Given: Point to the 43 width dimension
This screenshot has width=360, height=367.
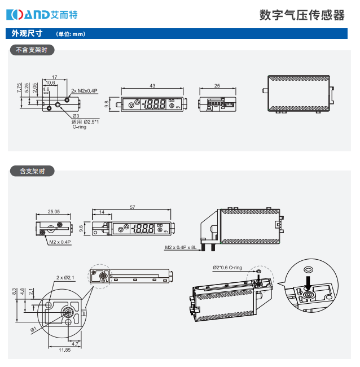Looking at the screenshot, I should [152, 86].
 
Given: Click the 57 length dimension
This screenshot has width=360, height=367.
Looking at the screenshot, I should [133, 208].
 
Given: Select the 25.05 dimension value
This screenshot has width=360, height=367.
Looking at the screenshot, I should [54, 212].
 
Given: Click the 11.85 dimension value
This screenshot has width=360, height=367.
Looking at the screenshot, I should [64, 351].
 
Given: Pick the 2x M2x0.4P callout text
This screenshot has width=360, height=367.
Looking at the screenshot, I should [85, 91].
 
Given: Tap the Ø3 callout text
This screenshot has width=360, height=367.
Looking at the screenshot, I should [75, 116].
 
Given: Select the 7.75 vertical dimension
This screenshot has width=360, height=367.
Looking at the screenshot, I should [19, 88].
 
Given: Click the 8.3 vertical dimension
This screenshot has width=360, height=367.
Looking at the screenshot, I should [14, 291].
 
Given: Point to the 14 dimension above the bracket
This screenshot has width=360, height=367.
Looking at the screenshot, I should [102, 212].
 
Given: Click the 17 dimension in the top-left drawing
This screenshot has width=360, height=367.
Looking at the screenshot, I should [54, 77].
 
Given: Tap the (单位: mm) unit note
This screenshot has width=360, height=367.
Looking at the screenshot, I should [71, 34].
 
